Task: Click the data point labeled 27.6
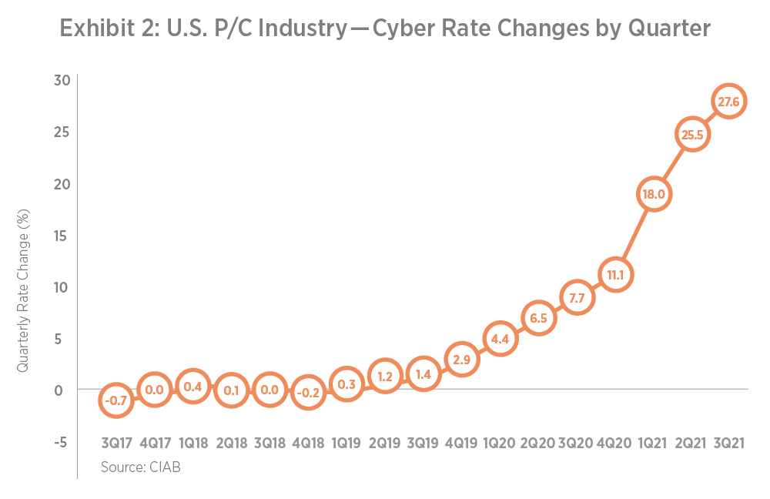tap(728, 102)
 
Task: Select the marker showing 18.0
tap(652, 194)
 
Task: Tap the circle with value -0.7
tap(115, 400)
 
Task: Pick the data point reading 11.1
tap(614, 275)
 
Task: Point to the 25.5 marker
tap(691, 135)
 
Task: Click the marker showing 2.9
tap(461, 360)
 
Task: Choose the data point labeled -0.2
tap(308, 391)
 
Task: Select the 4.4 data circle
tap(499, 338)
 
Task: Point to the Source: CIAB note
tap(140, 467)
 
